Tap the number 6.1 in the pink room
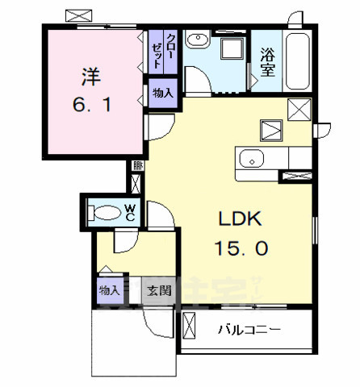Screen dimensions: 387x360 point(90,105)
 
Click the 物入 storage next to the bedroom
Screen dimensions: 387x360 point(163,93)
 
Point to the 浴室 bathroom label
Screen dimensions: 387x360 point(268,61)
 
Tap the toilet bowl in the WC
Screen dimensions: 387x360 point(105,214)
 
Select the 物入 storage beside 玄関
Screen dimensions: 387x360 point(111,290)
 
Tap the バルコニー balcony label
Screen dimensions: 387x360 point(251,330)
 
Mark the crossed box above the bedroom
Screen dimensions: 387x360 point(79,15)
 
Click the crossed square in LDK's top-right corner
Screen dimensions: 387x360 point(297,109)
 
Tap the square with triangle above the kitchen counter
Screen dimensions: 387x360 point(270,129)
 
